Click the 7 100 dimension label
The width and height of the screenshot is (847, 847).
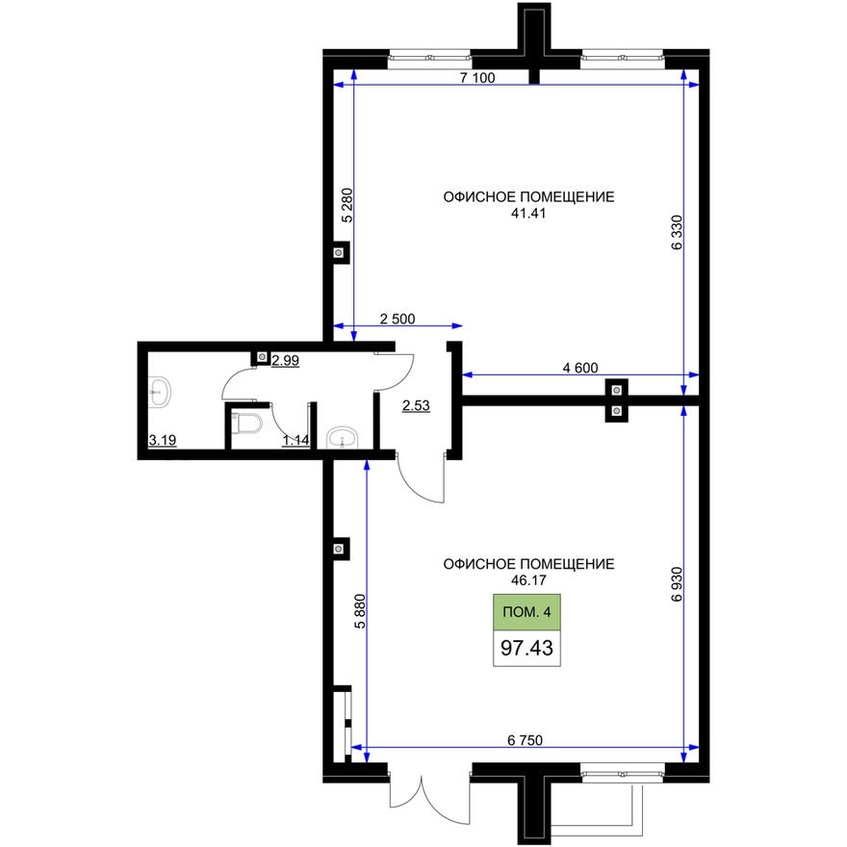click(477, 78)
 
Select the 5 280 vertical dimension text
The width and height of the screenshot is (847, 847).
click(347, 205)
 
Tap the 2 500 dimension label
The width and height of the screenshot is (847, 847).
click(398, 319)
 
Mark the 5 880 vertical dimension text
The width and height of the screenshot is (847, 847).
click(360, 610)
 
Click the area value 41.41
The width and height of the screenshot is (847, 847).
click(528, 214)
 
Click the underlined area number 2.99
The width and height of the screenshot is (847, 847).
click(287, 361)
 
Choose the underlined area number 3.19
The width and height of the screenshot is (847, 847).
click(162, 442)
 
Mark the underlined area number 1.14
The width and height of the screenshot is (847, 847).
click(295, 442)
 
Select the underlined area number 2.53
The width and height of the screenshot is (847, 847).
click(415, 406)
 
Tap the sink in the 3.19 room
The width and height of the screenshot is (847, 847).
click(160, 391)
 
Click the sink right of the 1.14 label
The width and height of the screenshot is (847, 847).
click(341, 439)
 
